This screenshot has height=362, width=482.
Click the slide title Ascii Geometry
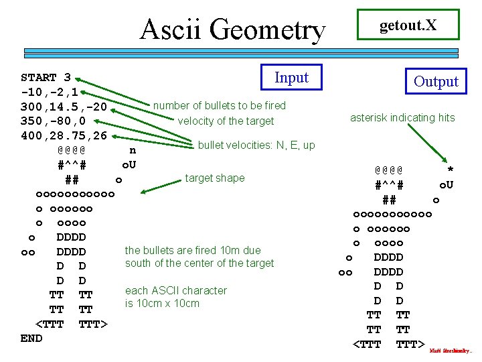pyautogui.click(x=232, y=29)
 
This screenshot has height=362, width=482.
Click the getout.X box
pyautogui.click(x=408, y=25)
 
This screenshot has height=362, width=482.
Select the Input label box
pyautogui.click(x=291, y=78)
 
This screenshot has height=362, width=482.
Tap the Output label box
pyautogui.click(x=436, y=82)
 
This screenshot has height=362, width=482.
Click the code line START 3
pyautogui.click(x=46, y=78)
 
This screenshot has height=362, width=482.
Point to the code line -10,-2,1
pyautogui.click(x=50, y=92)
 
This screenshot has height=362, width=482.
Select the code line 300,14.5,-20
pyautogui.click(x=64, y=107)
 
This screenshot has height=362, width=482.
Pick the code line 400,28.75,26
pyautogui.click(x=64, y=136)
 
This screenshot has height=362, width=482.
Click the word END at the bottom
pyautogui.click(x=31, y=339)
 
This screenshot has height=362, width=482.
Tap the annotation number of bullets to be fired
pyautogui.click(x=220, y=105)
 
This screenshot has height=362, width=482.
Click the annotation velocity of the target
pyautogui.click(x=226, y=121)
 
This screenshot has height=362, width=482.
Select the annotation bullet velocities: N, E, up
pyautogui.click(x=256, y=145)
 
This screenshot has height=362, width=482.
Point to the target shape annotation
pyautogui.click(x=215, y=178)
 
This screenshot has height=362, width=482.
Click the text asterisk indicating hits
pyautogui.click(x=402, y=118)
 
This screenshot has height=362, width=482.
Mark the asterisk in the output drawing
pyautogui.click(x=450, y=170)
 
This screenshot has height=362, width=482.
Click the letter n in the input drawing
pyautogui.click(x=133, y=151)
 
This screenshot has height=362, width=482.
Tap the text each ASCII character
pyautogui.click(x=176, y=291)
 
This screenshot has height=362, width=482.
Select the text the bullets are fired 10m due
pyautogui.click(x=193, y=251)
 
